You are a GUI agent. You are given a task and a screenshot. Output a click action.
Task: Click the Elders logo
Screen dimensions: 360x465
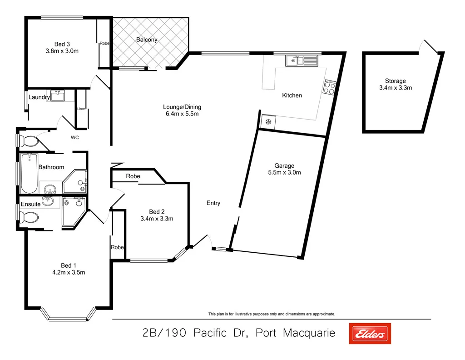point(369,334)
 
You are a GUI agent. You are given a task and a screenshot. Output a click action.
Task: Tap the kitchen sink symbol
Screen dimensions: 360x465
point(302,60)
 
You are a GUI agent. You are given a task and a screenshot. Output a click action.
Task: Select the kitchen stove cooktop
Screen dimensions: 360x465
point(329,87)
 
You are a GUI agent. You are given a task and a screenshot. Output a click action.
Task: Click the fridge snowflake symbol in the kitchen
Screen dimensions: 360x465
point(268,122)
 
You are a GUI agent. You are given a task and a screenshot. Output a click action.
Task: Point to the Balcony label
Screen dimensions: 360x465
point(147,40)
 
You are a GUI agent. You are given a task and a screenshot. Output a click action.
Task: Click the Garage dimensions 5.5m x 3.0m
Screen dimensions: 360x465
point(284,172)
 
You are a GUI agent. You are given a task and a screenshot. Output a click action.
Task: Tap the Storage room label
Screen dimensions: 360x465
point(395,81)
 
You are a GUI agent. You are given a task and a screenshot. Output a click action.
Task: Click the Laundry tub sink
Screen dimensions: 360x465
point(57,95)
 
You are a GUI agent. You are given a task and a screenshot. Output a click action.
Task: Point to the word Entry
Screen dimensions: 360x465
point(213,203)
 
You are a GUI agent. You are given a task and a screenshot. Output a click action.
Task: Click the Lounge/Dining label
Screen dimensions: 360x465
point(182,107)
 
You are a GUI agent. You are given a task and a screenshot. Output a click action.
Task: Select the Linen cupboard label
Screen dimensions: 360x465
point(81,109)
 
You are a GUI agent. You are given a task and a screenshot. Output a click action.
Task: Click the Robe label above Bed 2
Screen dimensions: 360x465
point(133,176)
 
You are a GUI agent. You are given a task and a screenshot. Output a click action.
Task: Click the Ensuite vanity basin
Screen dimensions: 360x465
point(48,200)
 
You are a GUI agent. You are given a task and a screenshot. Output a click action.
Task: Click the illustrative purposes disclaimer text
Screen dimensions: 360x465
point(272,314)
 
